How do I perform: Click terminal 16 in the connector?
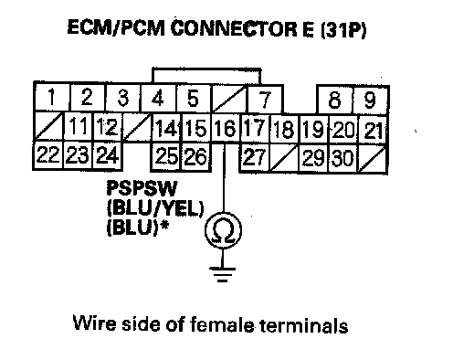coord(226,128)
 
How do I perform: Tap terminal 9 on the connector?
coord(371,100)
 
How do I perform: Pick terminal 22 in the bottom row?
coord(48,155)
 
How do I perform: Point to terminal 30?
coord(343,158)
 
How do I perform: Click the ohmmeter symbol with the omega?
coord(224,229)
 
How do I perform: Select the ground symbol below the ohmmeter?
coord(223,274)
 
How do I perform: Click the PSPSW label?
coord(142,188)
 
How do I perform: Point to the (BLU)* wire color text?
coord(138,228)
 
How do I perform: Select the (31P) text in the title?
coord(344,29)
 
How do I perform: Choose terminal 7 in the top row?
coord(265,100)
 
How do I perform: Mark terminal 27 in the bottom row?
coord(255,157)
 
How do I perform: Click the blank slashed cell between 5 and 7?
coord(228,99)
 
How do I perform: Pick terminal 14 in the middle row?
coord(166,128)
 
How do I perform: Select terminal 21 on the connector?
coord(374,130)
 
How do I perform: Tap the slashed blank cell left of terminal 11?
coord(49,126)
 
